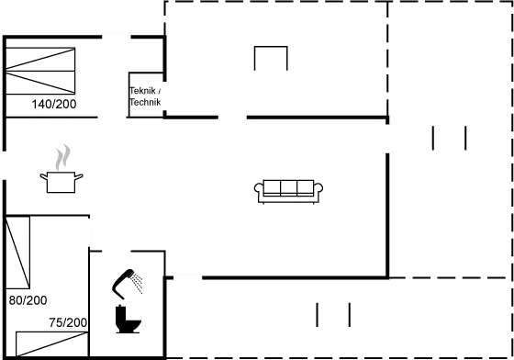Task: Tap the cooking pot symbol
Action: click(x=61, y=181)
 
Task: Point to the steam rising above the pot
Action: click(x=61, y=156)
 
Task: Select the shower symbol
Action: click(x=128, y=286)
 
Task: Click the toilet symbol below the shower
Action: click(x=128, y=324)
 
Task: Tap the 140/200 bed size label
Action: click(x=53, y=104)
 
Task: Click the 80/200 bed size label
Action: click(x=27, y=300)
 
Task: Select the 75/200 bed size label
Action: click(x=68, y=322)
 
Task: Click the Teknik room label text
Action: click(x=145, y=96)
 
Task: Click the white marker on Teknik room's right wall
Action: click(x=165, y=96)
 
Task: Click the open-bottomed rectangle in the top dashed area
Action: click(x=270, y=58)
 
